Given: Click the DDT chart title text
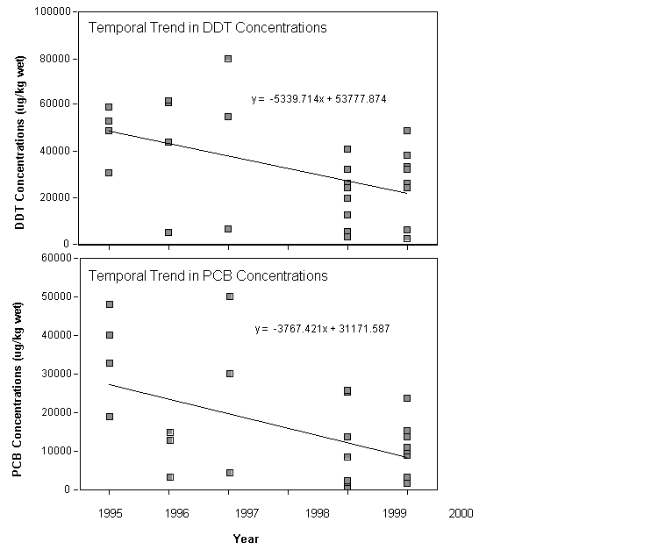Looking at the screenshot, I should [207, 27].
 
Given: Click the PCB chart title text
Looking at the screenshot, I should [208, 275].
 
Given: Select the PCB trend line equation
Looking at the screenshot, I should [322, 329].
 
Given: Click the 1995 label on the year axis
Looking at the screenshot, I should [110, 513].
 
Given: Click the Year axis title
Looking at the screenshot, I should [246, 539].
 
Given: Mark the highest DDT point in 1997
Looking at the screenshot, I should [228, 59].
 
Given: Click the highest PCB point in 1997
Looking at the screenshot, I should [230, 296].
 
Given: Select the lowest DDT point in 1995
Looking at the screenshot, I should [109, 173].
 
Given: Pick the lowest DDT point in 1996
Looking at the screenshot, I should [168, 232].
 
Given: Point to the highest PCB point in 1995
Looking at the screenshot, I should [110, 304].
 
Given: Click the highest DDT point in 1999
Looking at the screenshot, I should [407, 131].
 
